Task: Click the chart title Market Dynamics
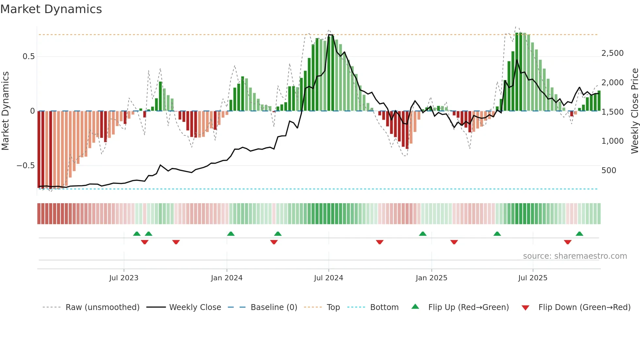(51, 9)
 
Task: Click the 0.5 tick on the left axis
(28, 57)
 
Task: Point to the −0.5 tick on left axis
(25, 166)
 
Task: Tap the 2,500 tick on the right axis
(612, 53)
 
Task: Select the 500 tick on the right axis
(609, 171)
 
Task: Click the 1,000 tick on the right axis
(612, 141)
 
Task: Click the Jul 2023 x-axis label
(124, 278)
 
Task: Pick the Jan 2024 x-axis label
(227, 278)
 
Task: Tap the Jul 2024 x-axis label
(328, 278)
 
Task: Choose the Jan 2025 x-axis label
(431, 278)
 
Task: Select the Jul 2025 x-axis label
(533, 278)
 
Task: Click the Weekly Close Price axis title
(634, 111)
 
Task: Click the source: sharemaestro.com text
(575, 256)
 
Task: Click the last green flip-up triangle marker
(579, 234)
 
